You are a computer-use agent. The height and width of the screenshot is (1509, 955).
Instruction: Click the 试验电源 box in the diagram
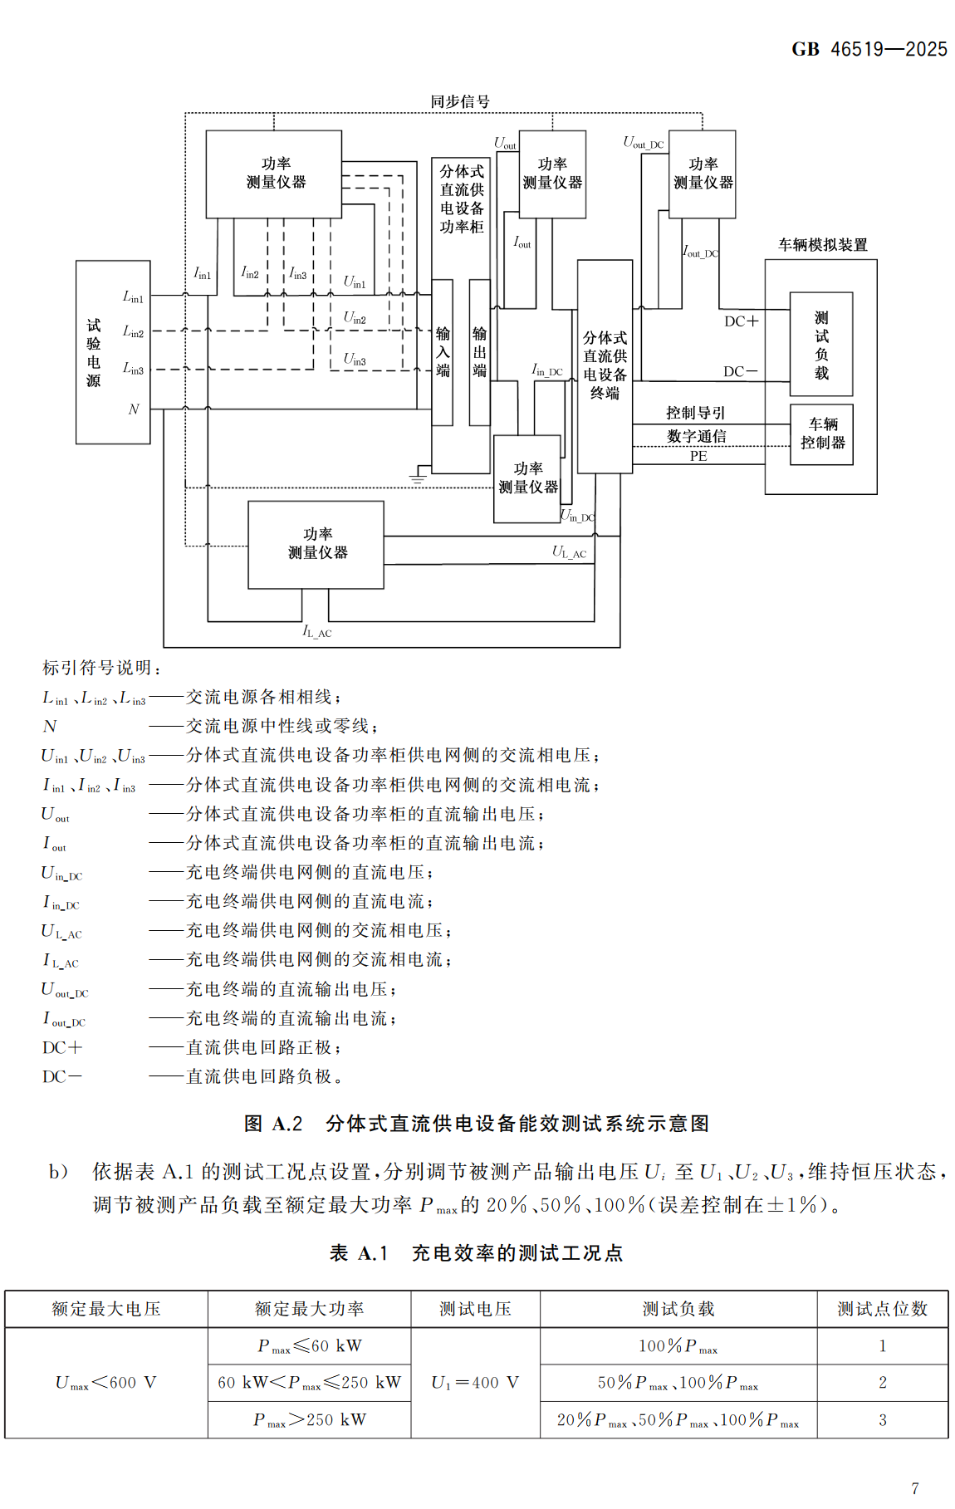[112, 352]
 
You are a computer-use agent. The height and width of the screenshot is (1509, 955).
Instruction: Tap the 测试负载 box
[821, 345]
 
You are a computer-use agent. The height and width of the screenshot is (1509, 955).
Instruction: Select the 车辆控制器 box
[821, 434]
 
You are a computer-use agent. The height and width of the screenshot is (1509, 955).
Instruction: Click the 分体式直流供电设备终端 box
[605, 366]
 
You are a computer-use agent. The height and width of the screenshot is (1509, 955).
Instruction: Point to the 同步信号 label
[460, 101]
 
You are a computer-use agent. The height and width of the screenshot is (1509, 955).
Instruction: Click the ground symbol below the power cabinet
[418, 477]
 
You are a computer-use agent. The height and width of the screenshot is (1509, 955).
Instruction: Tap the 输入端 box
[443, 352]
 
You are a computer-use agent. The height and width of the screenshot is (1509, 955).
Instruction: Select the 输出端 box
[479, 352]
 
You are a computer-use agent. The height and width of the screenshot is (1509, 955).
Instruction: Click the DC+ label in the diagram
[741, 321]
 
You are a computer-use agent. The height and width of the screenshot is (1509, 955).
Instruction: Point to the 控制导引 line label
[695, 413]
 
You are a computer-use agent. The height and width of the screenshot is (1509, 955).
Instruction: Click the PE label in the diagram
[698, 456]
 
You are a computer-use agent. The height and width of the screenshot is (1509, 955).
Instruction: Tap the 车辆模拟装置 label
[822, 245]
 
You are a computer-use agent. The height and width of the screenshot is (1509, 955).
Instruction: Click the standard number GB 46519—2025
[869, 49]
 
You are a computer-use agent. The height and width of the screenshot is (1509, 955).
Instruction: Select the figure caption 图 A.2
[477, 1124]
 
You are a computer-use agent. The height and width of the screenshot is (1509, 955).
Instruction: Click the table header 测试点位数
[882, 1309]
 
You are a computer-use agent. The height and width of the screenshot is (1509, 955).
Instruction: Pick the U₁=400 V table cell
[475, 1383]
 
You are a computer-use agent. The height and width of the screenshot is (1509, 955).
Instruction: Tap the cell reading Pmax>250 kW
[309, 1420]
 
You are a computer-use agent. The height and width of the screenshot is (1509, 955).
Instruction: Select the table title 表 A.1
[476, 1253]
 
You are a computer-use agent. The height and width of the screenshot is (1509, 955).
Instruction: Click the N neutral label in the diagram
[133, 409]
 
